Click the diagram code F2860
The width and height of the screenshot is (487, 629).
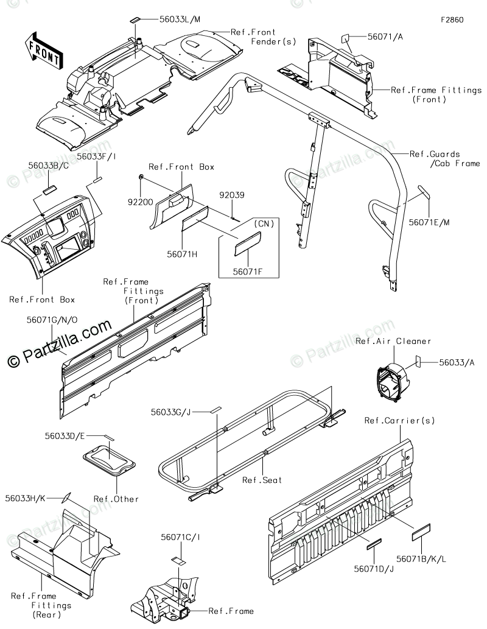(452, 19)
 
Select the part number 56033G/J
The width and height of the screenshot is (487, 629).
(171, 412)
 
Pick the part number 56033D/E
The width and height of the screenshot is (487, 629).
(65, 436)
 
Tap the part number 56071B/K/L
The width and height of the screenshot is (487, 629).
(422, 558)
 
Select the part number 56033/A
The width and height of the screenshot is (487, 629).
(457, 362)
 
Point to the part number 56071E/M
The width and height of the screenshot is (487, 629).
(430, 223)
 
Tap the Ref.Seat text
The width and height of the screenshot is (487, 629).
(262, 480)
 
